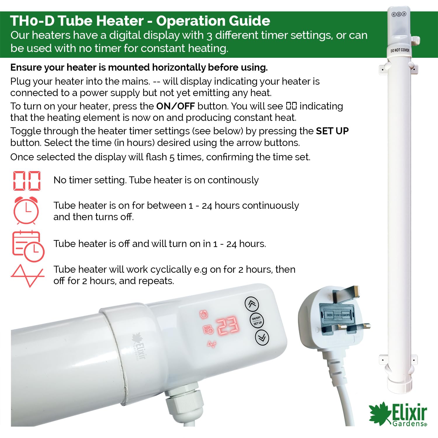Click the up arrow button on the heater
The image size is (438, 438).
point(252,304)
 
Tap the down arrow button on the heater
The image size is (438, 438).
point(262,337)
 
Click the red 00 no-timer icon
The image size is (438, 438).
point(27,181)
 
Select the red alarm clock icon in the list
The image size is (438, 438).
point(26,210)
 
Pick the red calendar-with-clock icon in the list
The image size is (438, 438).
point(28,246)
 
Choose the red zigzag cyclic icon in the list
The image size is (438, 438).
point(27,276)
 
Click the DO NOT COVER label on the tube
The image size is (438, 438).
point(400,50)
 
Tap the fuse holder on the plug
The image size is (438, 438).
point(338,315)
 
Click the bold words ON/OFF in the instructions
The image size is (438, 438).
point(175,106)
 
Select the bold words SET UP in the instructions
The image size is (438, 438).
point(332,131)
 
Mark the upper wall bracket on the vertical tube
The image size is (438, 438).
point(399,68)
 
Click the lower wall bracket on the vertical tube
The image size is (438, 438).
point(398,359)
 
